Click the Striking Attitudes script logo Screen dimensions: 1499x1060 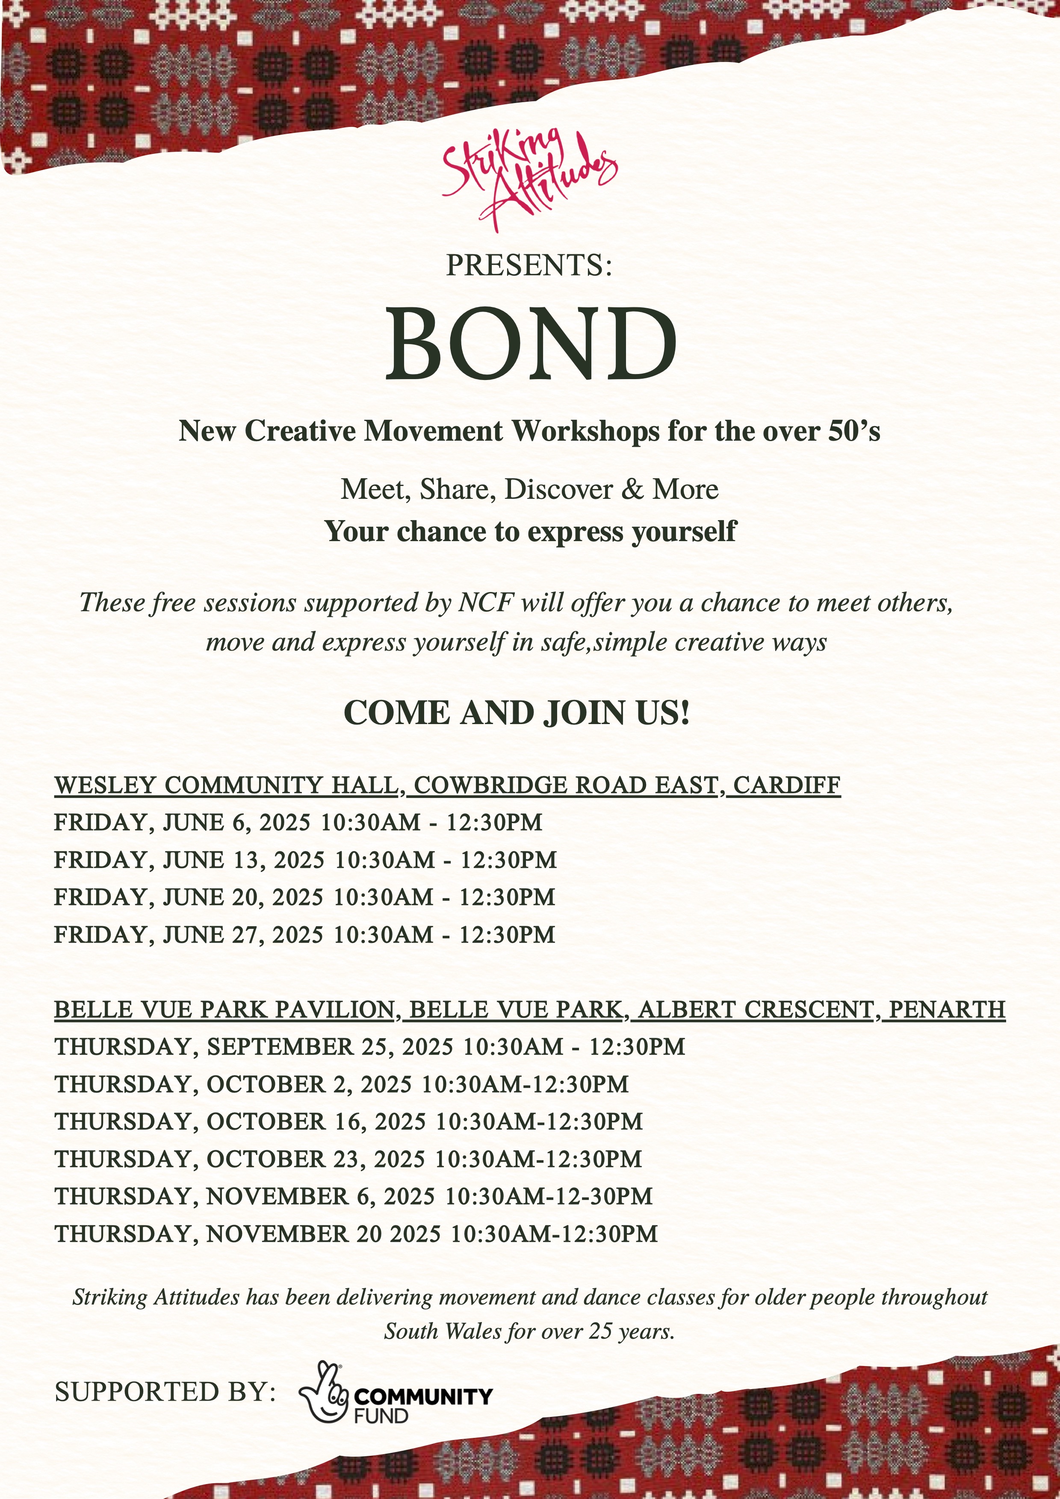point(529,180)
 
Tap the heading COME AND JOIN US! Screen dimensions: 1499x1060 point(517,713)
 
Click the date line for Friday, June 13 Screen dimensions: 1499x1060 point(305,860)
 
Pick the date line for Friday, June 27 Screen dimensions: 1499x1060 point(304,934)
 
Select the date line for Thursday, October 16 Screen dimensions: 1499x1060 point(348,1122)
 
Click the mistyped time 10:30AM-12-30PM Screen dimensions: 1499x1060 point(549,1196)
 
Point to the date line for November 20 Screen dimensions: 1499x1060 point(356,1234)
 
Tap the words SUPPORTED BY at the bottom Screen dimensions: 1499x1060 point(165,1391)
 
